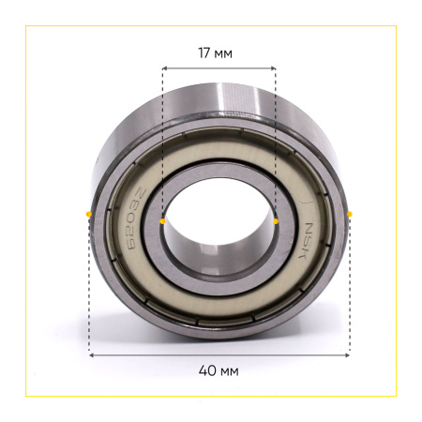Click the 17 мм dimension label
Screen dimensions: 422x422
point(216,53)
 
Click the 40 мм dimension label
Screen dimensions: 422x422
point(219,371)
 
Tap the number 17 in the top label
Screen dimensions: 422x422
point(204,53)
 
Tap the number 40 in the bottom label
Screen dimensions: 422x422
point(207,371)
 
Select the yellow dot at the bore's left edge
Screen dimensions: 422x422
point(162,221)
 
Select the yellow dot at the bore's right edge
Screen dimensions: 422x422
point(276,221)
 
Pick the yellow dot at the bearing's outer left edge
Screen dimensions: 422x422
point(89,214)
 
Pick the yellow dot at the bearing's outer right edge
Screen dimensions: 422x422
point(350,214)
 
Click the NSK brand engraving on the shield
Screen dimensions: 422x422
point(307,240)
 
